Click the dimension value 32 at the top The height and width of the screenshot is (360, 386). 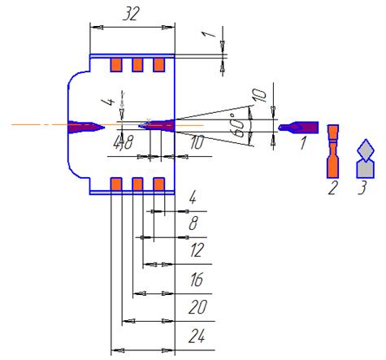132,14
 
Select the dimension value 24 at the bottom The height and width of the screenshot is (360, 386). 197,336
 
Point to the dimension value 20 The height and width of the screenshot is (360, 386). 197,307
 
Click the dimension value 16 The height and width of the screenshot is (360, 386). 197,280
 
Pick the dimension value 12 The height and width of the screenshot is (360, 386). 197,249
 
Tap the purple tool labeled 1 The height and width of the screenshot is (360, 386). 298,128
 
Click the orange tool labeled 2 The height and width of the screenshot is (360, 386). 333,151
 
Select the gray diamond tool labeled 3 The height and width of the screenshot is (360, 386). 366,159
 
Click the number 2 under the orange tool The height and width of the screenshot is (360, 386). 333,188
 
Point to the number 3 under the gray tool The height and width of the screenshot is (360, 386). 362,188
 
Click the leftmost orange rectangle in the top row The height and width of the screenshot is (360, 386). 116,65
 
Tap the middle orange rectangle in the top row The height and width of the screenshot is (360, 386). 137,65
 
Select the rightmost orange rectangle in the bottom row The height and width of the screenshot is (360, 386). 159,184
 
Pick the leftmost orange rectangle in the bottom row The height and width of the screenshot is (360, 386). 116,184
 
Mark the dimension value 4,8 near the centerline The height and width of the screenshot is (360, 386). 124,142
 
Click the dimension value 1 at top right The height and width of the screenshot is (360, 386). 208,34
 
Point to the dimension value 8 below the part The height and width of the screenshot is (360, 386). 193,223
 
